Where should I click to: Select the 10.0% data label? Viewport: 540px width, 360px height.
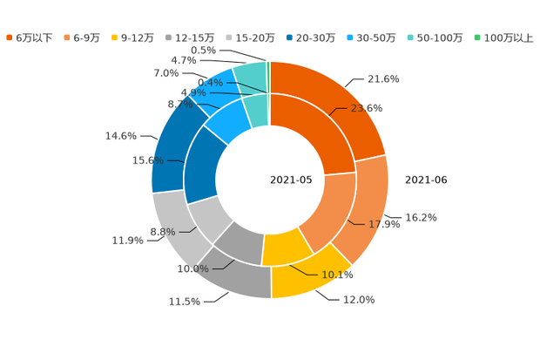point(193,269)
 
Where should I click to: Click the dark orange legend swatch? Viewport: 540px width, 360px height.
point(10,37)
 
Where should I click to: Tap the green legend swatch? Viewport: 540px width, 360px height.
point(476,37)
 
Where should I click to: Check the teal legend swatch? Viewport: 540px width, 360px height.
point(409,37)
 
